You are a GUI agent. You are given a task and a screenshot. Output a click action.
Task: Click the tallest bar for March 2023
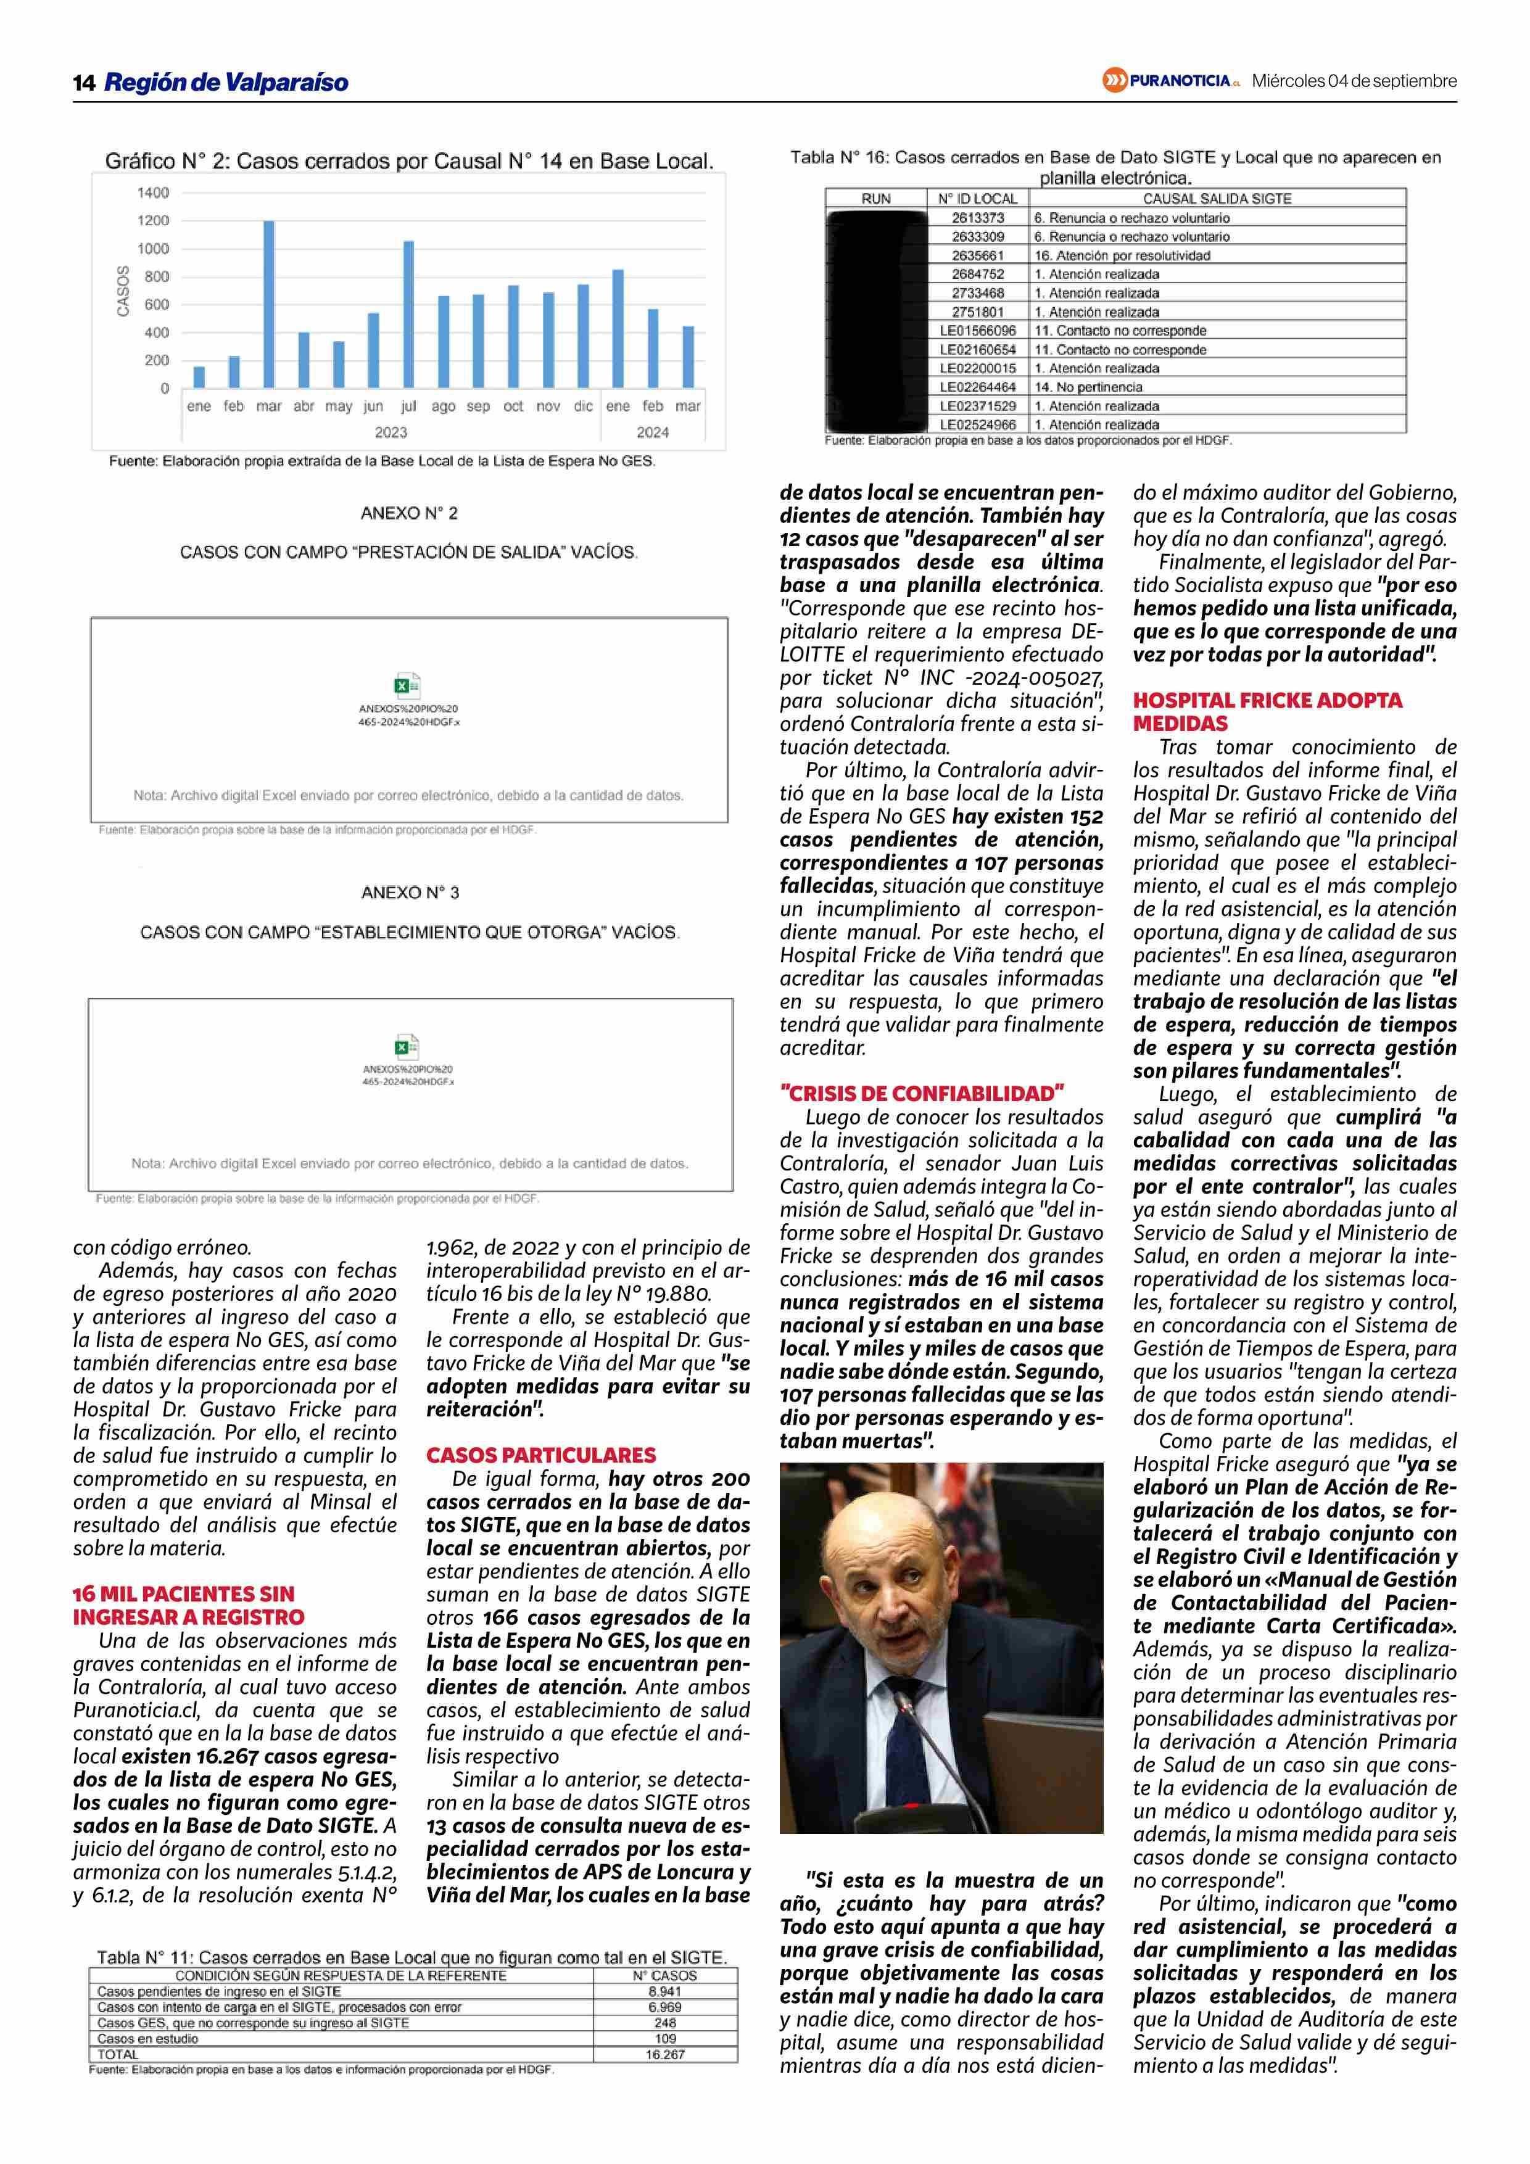(x=268, y=304)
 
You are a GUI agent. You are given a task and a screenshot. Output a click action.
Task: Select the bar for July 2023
(x=408, y=314)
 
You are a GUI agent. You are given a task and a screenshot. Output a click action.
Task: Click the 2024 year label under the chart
(x=652, y=432)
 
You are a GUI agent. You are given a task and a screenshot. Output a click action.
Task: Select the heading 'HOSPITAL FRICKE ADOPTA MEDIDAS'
(x=1267, y=712)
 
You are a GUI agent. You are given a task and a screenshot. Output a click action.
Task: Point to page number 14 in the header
(x=84, y=83)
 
